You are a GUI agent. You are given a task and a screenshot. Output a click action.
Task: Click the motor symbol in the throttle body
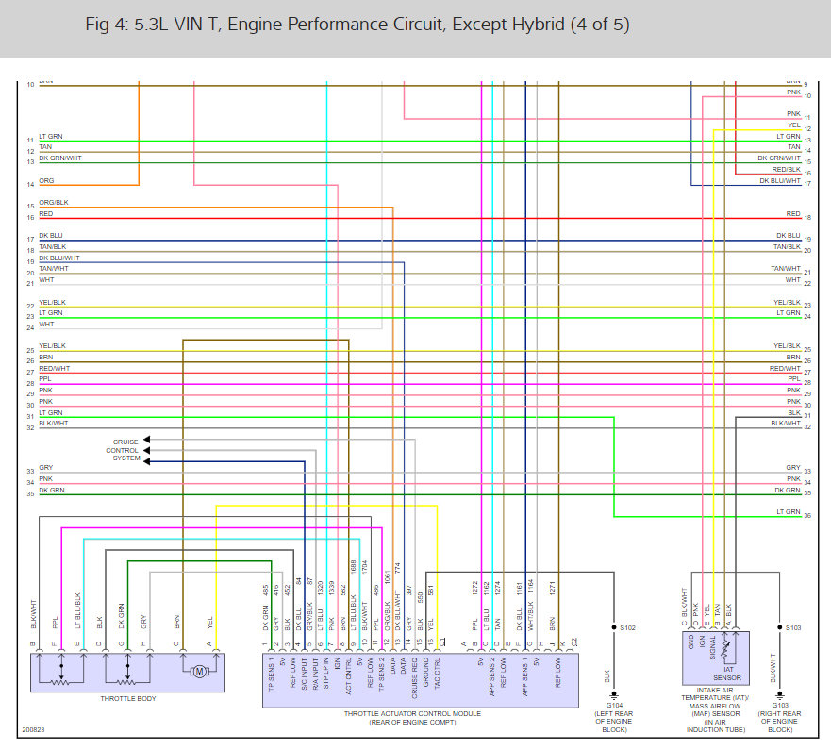(x=199, y=671)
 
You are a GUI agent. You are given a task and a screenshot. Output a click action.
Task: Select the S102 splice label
(x=628, y=626)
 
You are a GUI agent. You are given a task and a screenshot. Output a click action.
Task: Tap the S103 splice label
(x=793, y=626)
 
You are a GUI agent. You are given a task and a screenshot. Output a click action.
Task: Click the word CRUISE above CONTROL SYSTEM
(x=125, y=442)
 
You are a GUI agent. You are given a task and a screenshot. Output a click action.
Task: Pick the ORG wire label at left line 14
(x=46, y=180)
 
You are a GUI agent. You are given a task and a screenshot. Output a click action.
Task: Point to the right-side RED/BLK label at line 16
(x=786, y=170)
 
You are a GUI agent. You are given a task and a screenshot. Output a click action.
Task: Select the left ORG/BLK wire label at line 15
(x=53, y=203)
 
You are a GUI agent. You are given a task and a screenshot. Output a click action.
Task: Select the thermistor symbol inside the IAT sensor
(x=724, y=651)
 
